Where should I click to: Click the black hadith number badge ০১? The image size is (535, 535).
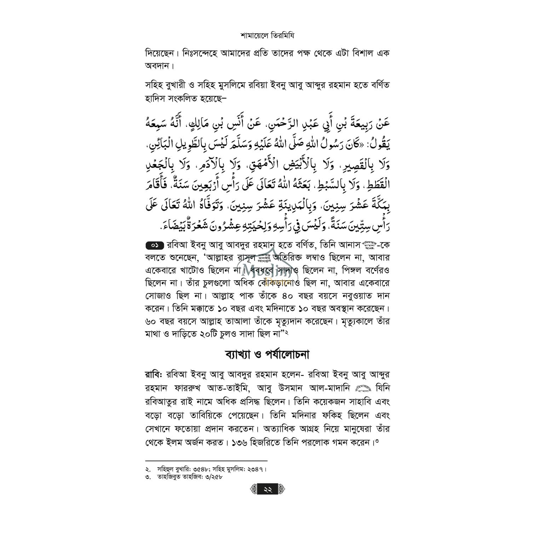click(x=154, y=245)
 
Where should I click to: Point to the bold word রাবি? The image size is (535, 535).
click(x=153, y=374)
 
